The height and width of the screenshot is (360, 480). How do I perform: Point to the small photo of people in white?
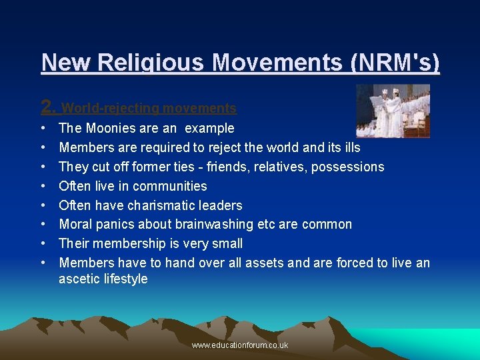coord(393,111)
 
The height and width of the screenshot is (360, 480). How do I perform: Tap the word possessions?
coord(349,167)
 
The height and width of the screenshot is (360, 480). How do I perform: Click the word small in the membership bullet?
coord(225,243)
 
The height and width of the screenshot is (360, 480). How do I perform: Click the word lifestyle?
coord(125,279)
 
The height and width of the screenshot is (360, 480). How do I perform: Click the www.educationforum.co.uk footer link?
coord(240,345)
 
